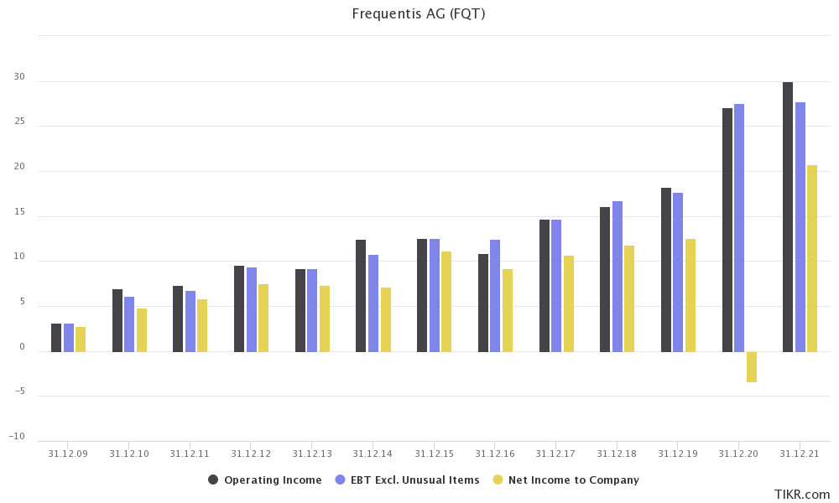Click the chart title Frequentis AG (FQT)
point(419,13)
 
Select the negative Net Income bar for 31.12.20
point(752,367)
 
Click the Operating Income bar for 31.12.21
point(788,217)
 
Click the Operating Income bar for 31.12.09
point(56,338)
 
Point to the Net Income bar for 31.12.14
point(386,319)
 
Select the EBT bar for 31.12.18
point(618,277)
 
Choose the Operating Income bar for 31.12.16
point(483,303)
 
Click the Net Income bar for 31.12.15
point(446,302)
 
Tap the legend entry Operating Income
point(265,480)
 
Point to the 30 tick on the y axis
point(19,77)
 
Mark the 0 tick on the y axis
point(22,348)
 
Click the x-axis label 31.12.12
point(251,454)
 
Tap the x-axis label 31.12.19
point(678,454)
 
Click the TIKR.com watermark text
point(802,495)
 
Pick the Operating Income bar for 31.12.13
point(300,310)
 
